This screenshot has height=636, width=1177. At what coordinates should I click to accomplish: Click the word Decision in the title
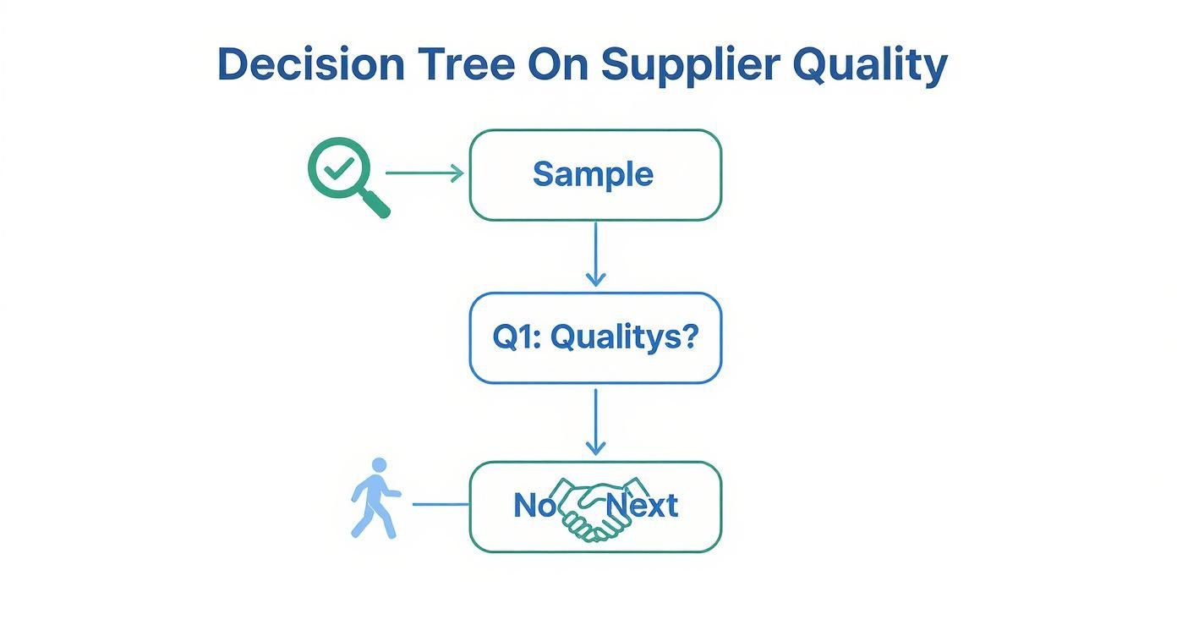pyautogui.click(x=311, y=64)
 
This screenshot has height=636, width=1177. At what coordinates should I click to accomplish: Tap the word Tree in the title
pyautogui.click(x=466, y=64)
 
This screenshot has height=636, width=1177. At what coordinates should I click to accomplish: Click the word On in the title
pyautogui.click(x=558, y=64)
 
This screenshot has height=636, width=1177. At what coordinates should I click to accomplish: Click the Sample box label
pyautogui.click(x=594, y=174)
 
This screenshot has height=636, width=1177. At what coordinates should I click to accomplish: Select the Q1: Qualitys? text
pyautogui.click(x=595, y=337)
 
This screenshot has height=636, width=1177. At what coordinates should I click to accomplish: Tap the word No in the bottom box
pyautogui.click(x=534, y=505)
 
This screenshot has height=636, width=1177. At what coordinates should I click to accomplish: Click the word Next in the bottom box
pyautogui.click(x=642, y=505)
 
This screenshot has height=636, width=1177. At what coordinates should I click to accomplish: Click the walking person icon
pyautogui.click(x=375, y=498)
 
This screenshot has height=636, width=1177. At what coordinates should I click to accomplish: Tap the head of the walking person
pyautogui.click(x=380, y=465)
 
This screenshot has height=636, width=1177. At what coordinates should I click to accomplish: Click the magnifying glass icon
pyautogui.click(x=348, y=178)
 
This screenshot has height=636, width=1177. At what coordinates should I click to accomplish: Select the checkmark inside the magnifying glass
pyautogui.click(x=338, y=168)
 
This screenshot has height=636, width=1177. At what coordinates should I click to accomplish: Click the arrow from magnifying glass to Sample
pyautogui.click(x=424, y=173)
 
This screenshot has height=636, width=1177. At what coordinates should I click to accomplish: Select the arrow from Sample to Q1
pyautogui.click(x=595, y=255)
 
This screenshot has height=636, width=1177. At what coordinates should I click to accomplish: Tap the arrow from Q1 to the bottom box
pyautogui.click(x=595, y=422)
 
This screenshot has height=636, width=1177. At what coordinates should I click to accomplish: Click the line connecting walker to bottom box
pyautogui.click(x=441, y=505)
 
